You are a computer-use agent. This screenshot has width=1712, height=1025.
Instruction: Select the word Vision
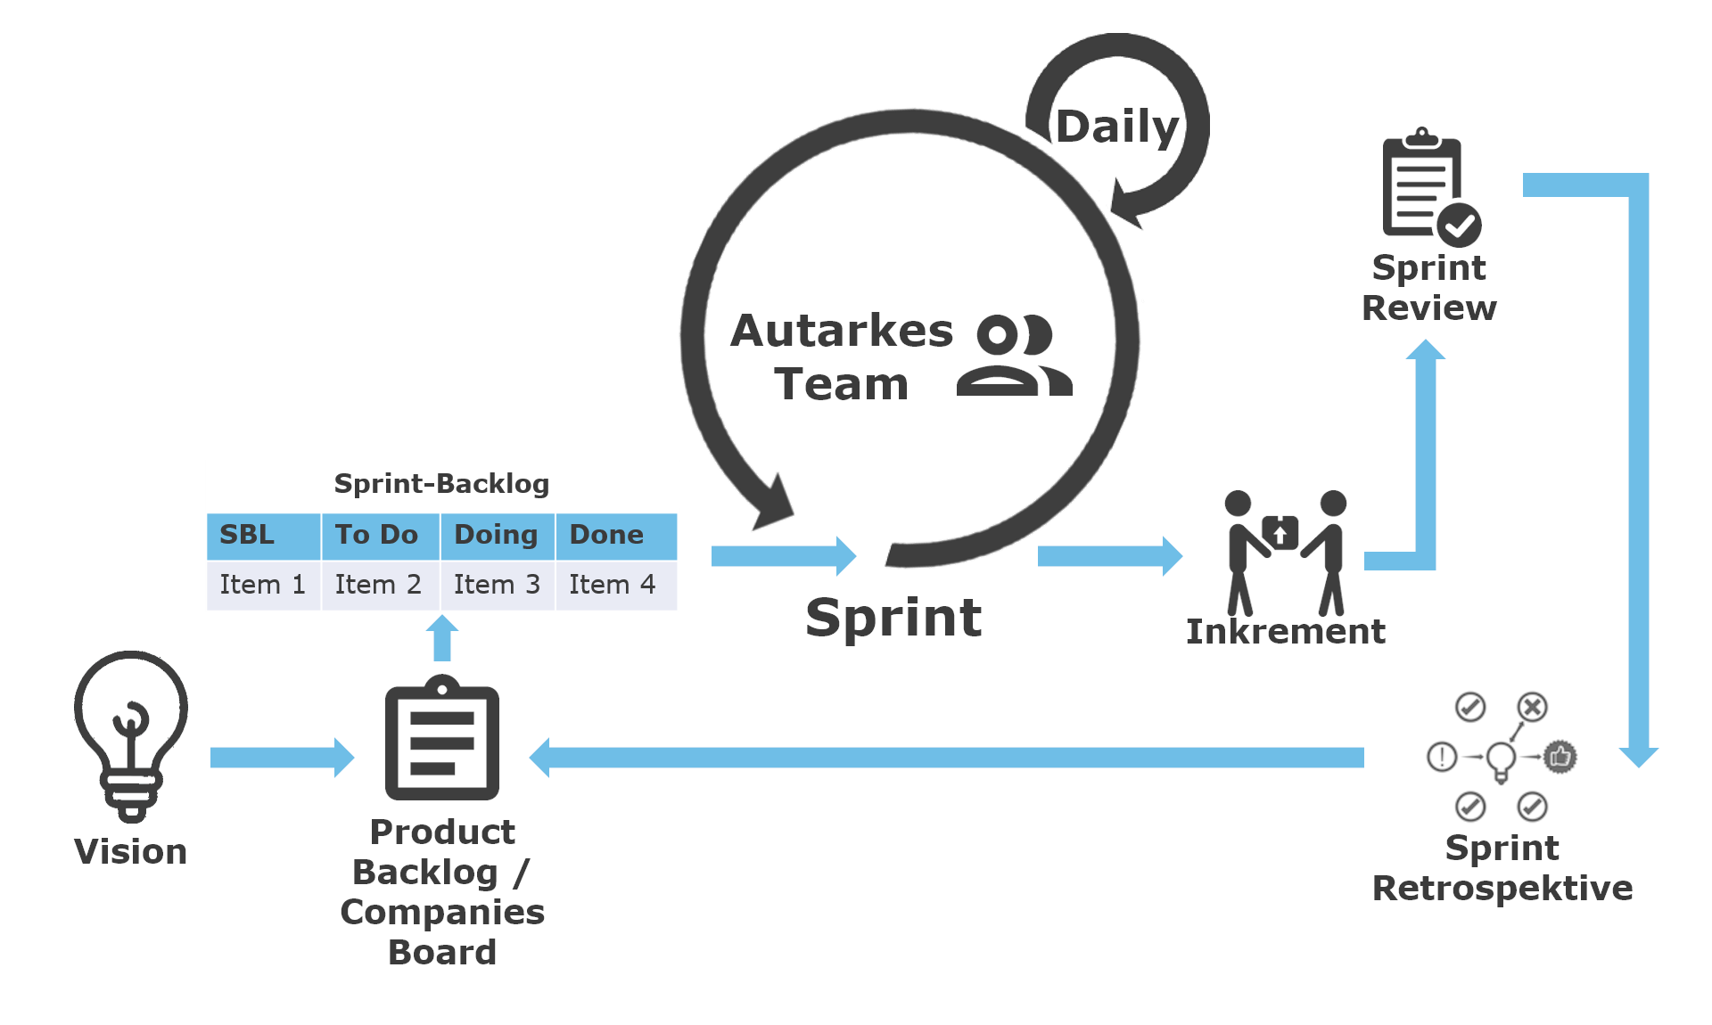(x=131, y=852)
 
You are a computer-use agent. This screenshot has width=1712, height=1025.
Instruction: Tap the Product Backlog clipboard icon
(x=442, y=740)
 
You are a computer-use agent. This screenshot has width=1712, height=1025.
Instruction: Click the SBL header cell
(x=263, y=535)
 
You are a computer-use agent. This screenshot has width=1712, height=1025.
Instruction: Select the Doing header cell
(x=497, y=535)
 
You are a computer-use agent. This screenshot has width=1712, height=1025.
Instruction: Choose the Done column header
(x=614, y=535)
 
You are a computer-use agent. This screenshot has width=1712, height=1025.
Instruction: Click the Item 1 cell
(x=263, y=585)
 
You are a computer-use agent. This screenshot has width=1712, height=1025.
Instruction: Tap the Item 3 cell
(x=497, y=585)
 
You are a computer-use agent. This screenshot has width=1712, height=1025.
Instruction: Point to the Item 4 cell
(x=614, y=585)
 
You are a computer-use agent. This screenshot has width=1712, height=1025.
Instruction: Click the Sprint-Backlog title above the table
(x=441, y=484)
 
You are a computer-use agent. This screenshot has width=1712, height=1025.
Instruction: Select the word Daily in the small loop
(x=1117, y=127)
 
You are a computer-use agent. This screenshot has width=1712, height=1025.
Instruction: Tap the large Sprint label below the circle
(x=893, y=618)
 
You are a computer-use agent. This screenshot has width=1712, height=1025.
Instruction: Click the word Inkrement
(x=1285, y=632)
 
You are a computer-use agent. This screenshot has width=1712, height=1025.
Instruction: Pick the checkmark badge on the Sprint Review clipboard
(x=1459, y=225)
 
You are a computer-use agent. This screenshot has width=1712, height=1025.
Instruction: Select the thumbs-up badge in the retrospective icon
(x=1560, y=757)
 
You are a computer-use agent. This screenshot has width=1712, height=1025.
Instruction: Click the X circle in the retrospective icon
(x=1533, y=708)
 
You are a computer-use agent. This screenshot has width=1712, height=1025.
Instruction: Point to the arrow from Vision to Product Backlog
(x=282, y=758)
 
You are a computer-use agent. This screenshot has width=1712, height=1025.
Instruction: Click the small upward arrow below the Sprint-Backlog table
(x=442, y=638)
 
